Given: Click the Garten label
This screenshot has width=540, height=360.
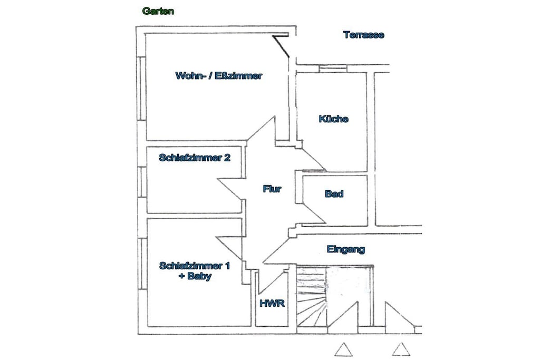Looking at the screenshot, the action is [x=158, y=12].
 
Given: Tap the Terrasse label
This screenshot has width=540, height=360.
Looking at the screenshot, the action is [x=364, y=35].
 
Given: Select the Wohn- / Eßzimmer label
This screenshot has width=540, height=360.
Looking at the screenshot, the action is [x=219, y=76].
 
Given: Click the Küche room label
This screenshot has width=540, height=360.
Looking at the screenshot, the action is [x=333, y=119].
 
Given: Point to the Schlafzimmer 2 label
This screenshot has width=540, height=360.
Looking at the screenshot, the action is [x=195, y=158].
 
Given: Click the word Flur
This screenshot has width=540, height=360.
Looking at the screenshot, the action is [x=272, y=189].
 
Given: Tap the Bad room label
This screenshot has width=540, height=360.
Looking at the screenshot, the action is [x=334, y=194].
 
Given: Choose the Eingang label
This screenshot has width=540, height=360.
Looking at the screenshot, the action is [x=346, y=249].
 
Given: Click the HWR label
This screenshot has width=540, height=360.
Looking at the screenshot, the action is [x=272, y=304].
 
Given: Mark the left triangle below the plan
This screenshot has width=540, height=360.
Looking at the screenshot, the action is [x=343, y=349].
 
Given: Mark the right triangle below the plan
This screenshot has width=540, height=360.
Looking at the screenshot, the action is [x=401, y=348].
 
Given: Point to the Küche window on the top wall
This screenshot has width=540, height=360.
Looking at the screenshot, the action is [x=333, y=69].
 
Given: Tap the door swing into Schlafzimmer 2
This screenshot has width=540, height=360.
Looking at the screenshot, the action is [x=232, y=190].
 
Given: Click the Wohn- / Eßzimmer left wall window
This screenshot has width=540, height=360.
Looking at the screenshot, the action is [x=142, y=88].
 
